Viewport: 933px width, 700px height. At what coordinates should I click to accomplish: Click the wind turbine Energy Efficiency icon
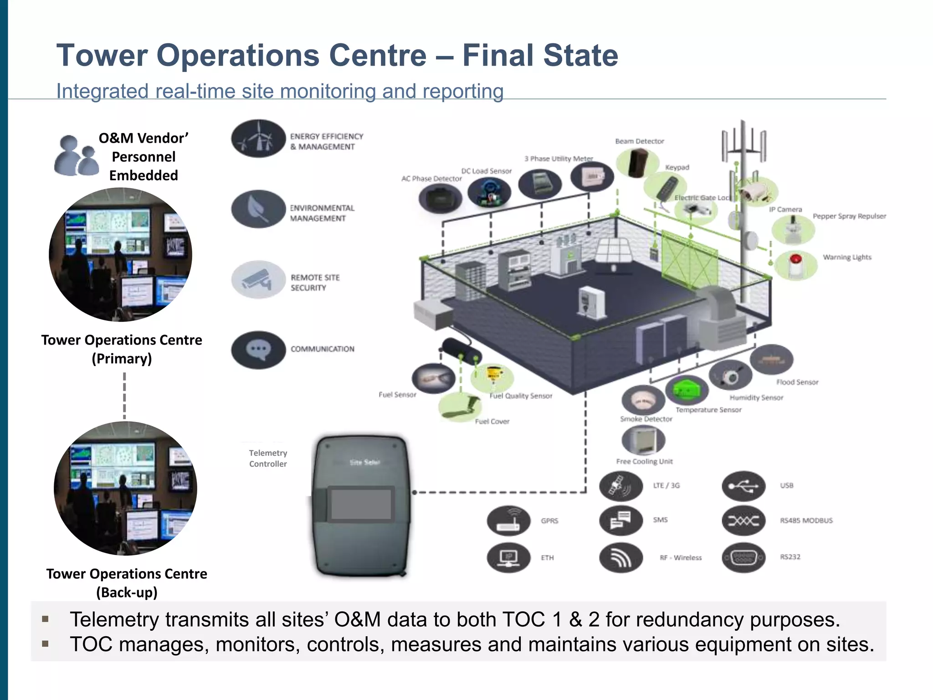pyautogui.click(x=258, y=139)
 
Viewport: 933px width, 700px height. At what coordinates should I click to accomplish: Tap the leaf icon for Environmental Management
pyautogui.click(x=258, y=209)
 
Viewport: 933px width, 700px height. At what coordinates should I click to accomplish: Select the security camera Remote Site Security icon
pyautogui.click(x=258, y=279)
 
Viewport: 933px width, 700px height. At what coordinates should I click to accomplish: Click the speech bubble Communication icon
pyautogui.click(x=258, y=350)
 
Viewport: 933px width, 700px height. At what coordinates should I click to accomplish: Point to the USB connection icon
pyautogui.click(x=743, y=486)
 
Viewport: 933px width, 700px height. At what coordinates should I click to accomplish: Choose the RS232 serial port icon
pyautogui.click(x=743, y=557)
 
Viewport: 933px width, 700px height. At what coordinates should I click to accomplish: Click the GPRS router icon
pyautogui.click(x=508, y=520)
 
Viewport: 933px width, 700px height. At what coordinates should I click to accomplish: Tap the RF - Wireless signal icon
pyautogui.click(x=621, y=557)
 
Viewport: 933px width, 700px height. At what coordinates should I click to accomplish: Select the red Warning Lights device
pyautogui.click(x=796, y=265)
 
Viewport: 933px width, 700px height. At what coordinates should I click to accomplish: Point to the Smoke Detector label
pyautogui.click(x=646, y=419)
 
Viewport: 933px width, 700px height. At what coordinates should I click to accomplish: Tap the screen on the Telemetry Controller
pyautogui.click(x=361, y=504)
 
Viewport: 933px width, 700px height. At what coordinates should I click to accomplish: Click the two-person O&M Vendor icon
pyautogui.click(x=76, y=156)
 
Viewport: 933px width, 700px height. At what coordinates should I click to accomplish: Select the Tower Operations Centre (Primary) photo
pyautogui.click(x=121, y=255)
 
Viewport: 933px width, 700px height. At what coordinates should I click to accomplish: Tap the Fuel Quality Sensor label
pyautogui.click(x=521, y=396)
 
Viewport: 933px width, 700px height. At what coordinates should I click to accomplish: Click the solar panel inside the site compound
pyautogui.click(x=613, y=251)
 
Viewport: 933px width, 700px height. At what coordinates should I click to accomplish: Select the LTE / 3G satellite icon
pyautogui.click(x=621, y=486)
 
